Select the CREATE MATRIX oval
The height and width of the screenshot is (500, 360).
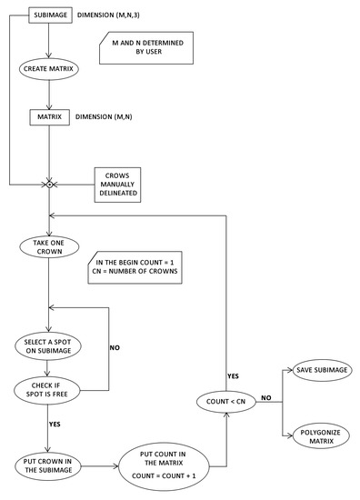tap(47, 68)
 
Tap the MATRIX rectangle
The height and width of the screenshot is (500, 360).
tap(47, 117)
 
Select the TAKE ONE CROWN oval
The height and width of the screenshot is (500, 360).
tap(47, 246)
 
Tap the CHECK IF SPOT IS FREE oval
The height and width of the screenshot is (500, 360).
tap(47, 391)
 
